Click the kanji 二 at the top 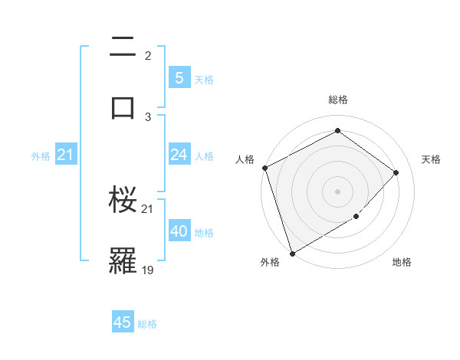[x=123, y=47]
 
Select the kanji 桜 [x=123, y=201]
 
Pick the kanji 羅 [x=123, y=260]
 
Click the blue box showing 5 [x=179, y=78]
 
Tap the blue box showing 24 [x=179, y=155]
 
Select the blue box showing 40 [x=179, y=231]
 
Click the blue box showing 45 [x=123, y=322]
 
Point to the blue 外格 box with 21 [x=65, y=155]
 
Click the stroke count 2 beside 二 [x=148, y=56]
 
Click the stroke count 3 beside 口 [x=148, y=116]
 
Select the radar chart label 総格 [x=338, y=100]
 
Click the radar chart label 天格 [x=432, y=159]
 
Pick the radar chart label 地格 [x=402, y=263]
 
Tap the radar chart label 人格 [x=245, y=159]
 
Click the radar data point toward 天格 [x=396, y=172]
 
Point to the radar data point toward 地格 [x=356, y=217]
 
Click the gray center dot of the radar [x=337, y=191]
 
